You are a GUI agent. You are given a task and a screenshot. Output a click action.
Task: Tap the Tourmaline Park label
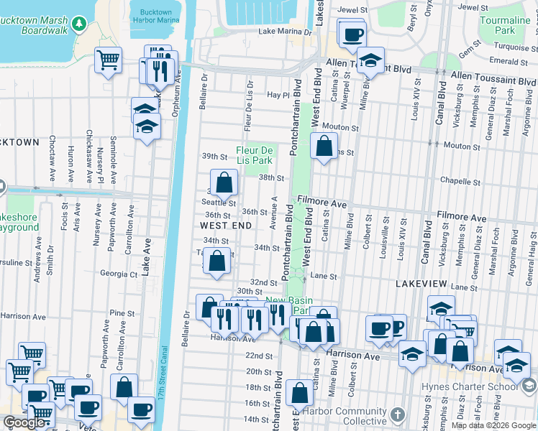[x=505, y=25]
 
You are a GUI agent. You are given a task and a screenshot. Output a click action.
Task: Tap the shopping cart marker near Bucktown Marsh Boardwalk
[x=108, y=60]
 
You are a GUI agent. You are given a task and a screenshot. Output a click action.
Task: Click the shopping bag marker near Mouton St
[x=324, y=147]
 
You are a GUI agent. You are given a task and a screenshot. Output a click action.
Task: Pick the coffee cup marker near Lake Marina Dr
[x=352, y=34]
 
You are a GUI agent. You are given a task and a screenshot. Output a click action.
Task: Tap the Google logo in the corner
[x=23, y=422]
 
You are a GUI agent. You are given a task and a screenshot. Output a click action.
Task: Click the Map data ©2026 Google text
[x=493, y=425]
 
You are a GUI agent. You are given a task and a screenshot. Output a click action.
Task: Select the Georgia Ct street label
[x=119, y=274]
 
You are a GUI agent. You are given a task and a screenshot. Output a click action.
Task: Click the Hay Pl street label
[x=278, y=95]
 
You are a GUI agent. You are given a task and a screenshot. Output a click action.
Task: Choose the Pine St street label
[x=122, y=314]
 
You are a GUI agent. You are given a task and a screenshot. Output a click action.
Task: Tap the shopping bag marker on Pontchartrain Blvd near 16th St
[x=299, y=393]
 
